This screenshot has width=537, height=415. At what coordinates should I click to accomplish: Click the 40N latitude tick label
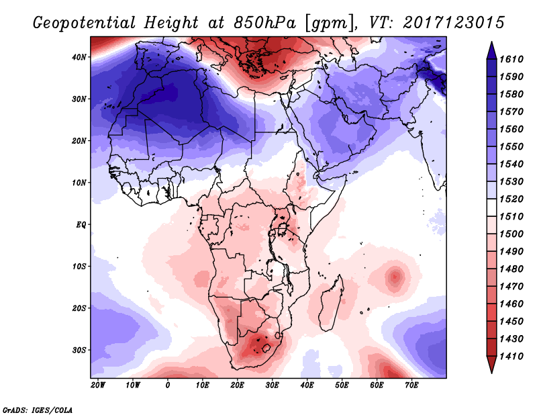[x=79, y=57]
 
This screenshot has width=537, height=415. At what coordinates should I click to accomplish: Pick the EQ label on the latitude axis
[x=80, y=224]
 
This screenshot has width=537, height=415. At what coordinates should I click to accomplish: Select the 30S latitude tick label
[x=79, y=350]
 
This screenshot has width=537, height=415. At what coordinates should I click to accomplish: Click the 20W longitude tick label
[x=97, y=385]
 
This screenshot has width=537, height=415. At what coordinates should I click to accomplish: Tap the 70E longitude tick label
[x=411, y=385]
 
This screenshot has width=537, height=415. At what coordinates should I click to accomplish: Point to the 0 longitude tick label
[x=168, y=385]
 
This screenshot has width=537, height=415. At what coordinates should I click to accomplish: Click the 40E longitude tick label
[x=307, y=385]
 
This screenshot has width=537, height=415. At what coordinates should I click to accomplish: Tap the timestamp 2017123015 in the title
[x=454, y=24]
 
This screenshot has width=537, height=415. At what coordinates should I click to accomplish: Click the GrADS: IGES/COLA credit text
[x=38, y=408]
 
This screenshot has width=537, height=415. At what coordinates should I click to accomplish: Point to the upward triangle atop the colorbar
[x=491, y=48]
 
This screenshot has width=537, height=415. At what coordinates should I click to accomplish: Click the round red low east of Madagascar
[x=395, y=275]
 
